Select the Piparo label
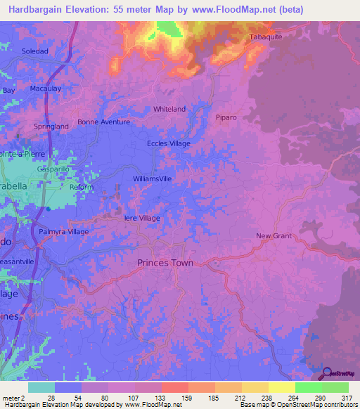[229, 117]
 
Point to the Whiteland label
[169, 109]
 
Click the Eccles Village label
[168, 143]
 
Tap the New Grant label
[273, 236]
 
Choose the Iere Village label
[142, 219]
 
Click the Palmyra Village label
[63, 231]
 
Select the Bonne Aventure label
[104, 122]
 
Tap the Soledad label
[34, 51]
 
